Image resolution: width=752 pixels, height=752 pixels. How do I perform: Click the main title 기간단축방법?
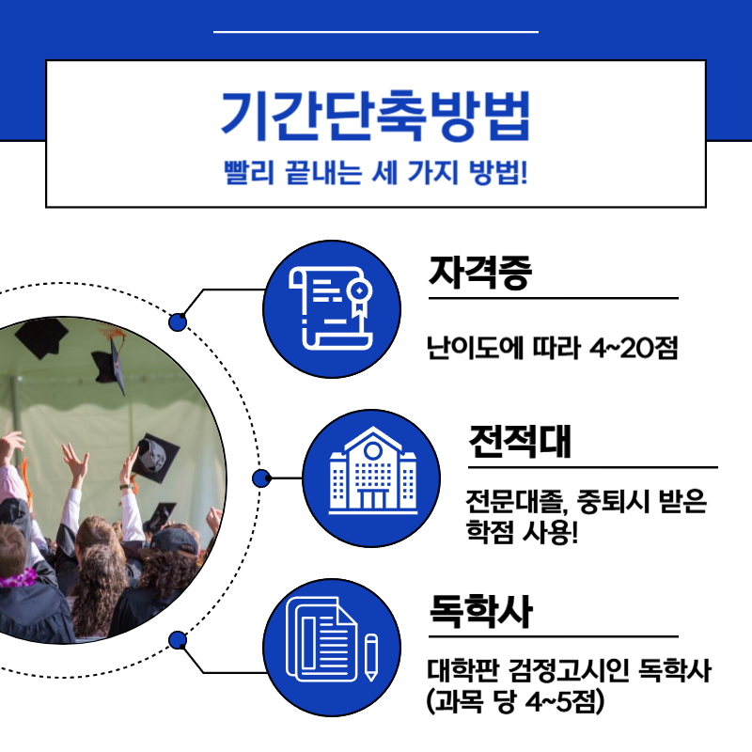(x=375, y=114)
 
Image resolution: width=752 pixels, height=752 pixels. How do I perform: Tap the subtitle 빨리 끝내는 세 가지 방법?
(x=375, y=174)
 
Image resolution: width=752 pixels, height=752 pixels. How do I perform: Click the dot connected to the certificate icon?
(x=178, y=322)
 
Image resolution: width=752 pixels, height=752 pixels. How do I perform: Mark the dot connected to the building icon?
(x=261, y=478)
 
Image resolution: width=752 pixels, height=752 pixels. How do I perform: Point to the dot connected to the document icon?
(x=178, y=641)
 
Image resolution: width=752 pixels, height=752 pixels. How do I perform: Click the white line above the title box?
(x=375, y=32)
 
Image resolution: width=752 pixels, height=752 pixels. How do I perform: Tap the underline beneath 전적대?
(x=592, y=467)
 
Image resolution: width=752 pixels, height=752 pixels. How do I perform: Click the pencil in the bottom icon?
(x=371, y=656)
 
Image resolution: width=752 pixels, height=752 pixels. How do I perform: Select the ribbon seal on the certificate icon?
(x=357, y=296)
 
